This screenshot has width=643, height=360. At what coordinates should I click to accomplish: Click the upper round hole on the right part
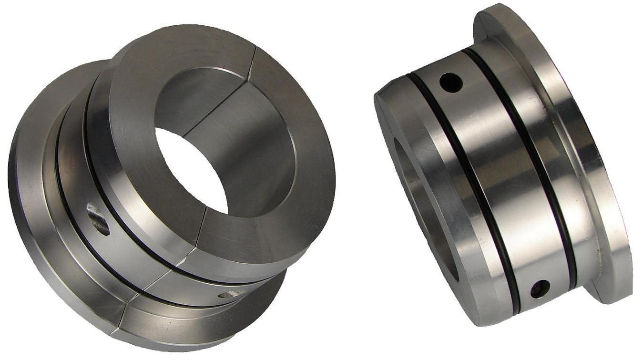[450, 83]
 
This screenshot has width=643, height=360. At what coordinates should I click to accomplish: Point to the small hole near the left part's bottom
[228, 295]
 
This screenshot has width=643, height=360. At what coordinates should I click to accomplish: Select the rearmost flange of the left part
[29, 191]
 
